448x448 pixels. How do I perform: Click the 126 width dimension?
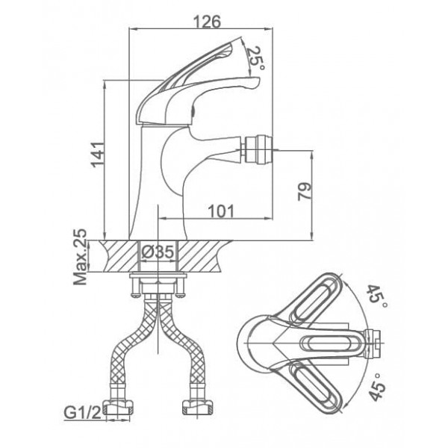[207, 22]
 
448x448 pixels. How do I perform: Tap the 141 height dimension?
[97, 155]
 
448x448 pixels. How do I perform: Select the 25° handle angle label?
[255, 60]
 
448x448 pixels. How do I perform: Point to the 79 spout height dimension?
[305, 191]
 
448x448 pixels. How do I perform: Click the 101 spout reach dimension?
[221, 211]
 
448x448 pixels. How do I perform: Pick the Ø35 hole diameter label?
[158, 252]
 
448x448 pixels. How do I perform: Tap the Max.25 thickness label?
[81, 257]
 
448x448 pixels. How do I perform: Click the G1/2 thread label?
[83, 413]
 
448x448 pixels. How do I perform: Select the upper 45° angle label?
[377, 296]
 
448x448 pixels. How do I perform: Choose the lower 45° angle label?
[377, 387]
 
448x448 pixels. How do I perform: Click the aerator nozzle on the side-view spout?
[258, 150]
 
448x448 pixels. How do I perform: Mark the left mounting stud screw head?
[136, 296]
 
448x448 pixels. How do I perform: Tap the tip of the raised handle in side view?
[241, 37]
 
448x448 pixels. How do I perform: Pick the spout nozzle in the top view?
[373, 343]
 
